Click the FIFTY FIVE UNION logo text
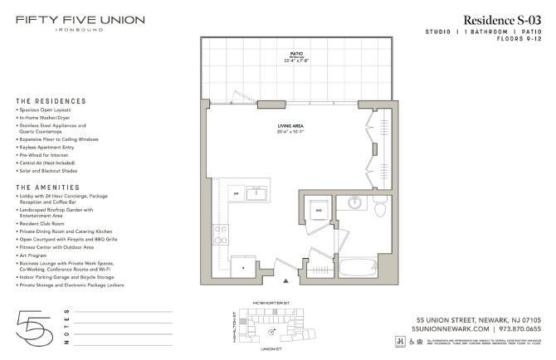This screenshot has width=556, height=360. click(80, 19)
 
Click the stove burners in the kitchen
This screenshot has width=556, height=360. click(222, 235)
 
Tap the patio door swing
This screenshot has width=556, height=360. click(241, 94)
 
